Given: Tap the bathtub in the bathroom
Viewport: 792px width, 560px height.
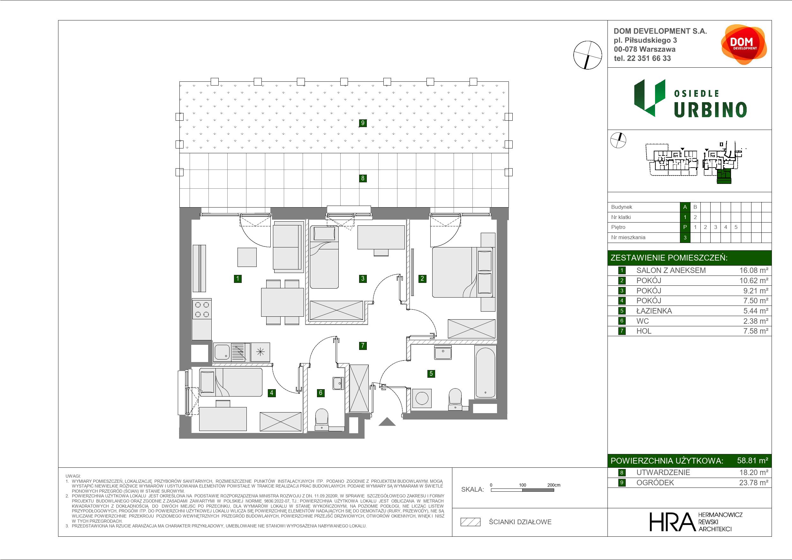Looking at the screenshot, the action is (x=485, y=372).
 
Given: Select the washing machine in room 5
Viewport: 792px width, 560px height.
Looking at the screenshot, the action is (x=422, y=398).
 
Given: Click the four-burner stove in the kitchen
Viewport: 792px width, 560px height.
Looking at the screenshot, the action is (x=202, y=309).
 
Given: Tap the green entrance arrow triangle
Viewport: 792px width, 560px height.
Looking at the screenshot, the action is (x=387, y=422).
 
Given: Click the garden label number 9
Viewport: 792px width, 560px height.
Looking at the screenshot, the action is (x=363, y=123).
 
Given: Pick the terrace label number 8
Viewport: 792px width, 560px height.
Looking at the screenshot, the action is (x=363, y=178).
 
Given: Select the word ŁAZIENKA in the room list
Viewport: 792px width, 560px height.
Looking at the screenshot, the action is (x=654, y=311).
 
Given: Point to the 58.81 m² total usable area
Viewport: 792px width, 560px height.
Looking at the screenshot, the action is (x=752, y=460).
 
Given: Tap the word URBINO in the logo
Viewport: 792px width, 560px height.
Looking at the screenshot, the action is (x=710, y=110).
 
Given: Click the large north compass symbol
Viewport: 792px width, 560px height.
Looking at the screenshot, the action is (x=587, y=55).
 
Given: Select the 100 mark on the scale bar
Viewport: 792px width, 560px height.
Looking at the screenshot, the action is (x=523, y=485).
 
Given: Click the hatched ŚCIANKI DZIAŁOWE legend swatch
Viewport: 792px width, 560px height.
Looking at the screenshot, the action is (x=471, y=522).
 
